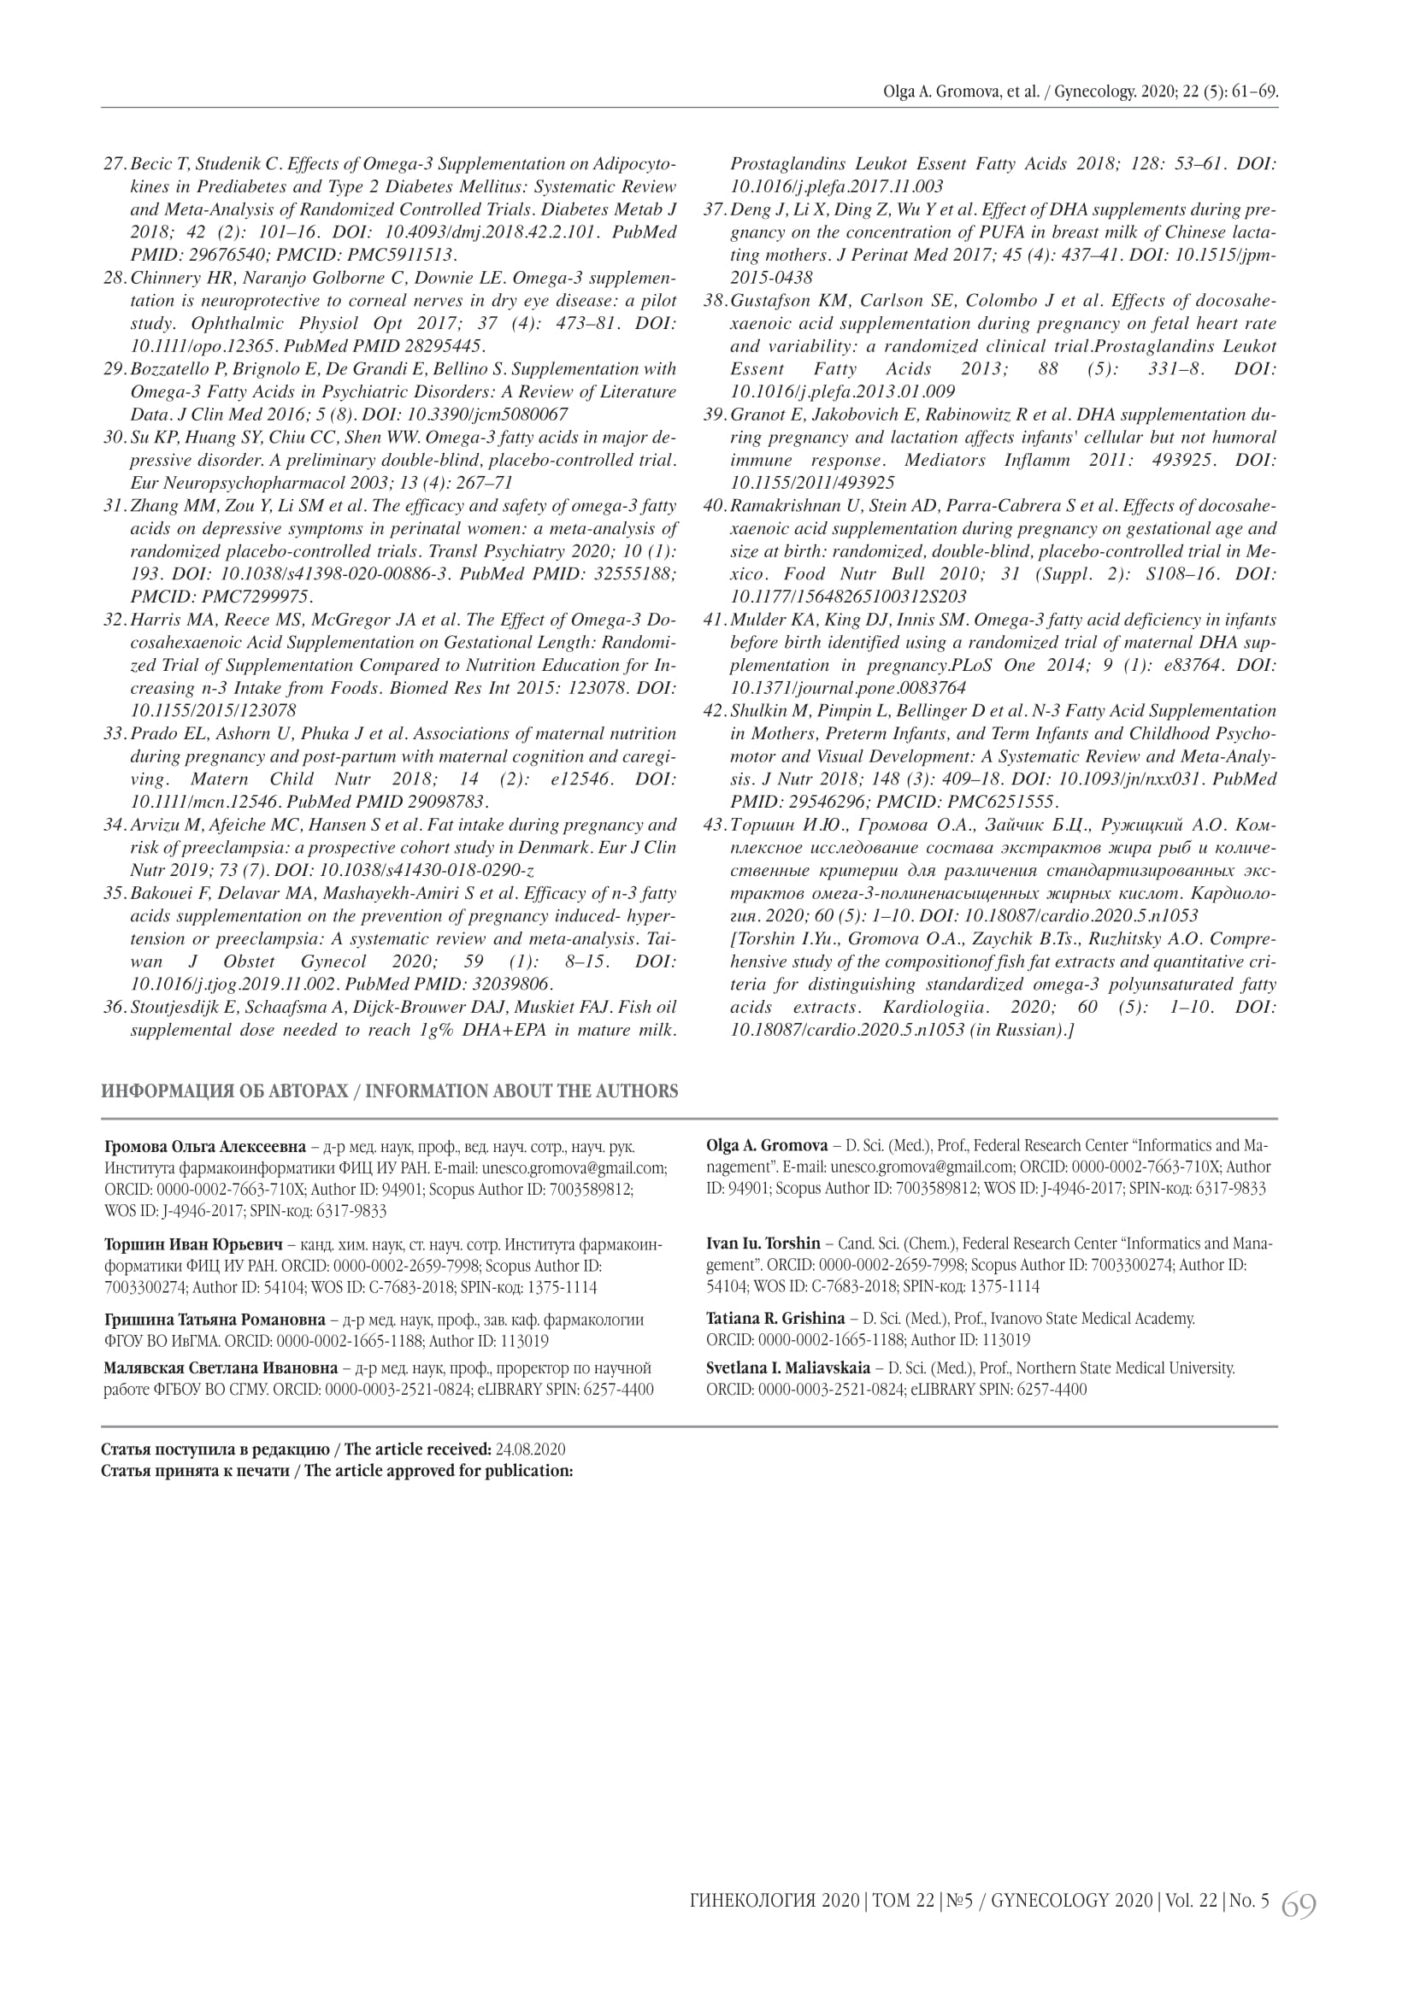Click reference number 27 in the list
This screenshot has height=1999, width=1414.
115,164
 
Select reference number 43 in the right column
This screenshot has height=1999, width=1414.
715,824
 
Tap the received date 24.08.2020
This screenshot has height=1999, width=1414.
530,1449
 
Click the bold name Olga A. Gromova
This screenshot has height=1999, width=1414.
767,1145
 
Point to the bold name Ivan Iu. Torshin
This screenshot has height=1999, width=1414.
763,1243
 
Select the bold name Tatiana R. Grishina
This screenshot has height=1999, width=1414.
775,1318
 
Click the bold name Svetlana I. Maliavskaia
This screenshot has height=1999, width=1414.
788,1367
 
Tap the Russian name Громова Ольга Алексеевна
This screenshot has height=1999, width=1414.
204,1145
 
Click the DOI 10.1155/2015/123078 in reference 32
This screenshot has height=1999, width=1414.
213,710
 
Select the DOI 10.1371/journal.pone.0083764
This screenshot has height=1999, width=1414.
848,688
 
